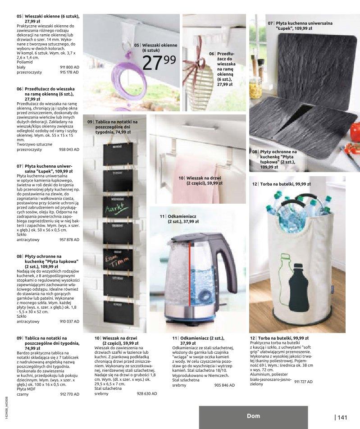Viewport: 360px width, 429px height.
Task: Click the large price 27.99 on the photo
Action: click(x=159, y=63)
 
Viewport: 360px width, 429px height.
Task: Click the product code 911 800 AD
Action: click(x=69, y=67)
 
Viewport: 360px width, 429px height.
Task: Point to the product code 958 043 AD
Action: click(x=69, y=149)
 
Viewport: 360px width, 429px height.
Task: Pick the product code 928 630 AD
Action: click(x=147, y=393)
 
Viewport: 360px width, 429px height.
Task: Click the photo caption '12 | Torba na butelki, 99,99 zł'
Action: click(x=281, y=184)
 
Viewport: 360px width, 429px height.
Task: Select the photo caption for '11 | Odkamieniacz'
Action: click(x=179, y=219)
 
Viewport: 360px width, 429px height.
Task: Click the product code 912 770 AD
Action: click(x=69, y=394)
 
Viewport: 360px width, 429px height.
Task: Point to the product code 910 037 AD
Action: click(x=69, y=322)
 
